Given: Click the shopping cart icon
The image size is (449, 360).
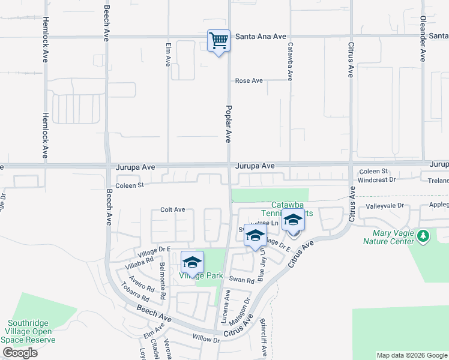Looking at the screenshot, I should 218,41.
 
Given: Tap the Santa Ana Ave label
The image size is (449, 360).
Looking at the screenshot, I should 261,37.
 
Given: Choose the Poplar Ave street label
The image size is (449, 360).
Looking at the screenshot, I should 228,123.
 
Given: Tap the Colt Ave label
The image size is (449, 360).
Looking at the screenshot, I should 173,210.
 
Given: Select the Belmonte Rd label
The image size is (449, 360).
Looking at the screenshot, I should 162,281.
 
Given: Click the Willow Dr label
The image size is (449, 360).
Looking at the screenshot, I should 207,339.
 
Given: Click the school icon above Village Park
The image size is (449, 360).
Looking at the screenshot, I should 192,263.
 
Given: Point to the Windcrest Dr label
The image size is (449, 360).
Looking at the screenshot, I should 376,179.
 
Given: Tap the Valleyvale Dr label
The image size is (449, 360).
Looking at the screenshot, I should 385,206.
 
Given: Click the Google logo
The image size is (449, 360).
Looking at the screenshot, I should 20,352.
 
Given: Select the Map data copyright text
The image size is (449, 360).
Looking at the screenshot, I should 411,355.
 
